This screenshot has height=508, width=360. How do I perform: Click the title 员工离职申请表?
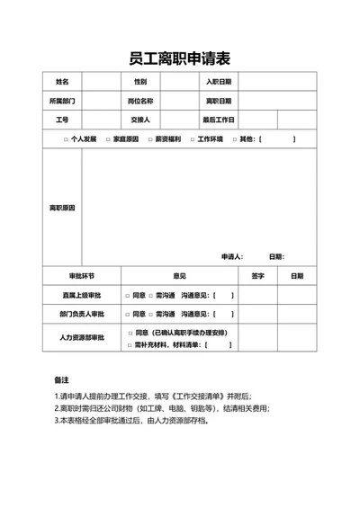coord(180,59)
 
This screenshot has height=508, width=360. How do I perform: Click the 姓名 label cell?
coord(62,82)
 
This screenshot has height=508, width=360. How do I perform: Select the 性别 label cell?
coord(140,82)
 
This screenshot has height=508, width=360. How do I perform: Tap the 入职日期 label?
coord(219,82)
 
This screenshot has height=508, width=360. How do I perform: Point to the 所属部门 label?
coord(62,101)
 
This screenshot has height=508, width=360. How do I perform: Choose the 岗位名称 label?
coord(140,101)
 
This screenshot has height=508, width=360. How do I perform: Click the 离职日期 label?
coord(219,101)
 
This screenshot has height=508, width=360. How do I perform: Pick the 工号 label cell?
coord(62,120)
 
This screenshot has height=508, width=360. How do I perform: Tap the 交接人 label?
coord(140,120)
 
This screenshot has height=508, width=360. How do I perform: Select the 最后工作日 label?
coord(219,120)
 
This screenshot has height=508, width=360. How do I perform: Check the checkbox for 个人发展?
coord(66,139)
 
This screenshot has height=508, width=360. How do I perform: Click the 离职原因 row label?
coord(62,208)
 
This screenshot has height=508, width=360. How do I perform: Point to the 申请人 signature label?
coord(231,256)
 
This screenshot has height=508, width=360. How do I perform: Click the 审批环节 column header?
coord(81,276)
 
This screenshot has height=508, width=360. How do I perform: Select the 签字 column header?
coord(257,276)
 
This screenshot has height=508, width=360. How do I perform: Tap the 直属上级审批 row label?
coord(82,295)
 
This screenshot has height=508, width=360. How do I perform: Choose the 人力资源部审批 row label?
coord(82,338)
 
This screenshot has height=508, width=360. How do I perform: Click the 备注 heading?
coord(62,379)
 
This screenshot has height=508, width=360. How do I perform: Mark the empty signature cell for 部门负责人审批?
coord(257,314)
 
